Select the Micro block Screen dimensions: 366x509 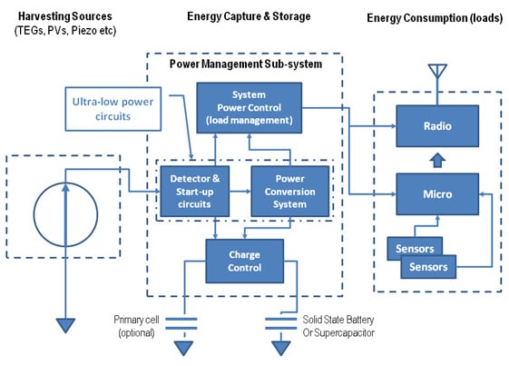[x=436, y=193]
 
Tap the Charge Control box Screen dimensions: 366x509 [x=244, y=261]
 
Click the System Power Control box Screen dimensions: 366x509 [x=248, y=105]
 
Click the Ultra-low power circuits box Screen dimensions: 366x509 [x=113, y=108]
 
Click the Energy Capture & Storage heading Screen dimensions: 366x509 [x=248, y=17]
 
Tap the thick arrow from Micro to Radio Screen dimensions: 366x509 [x=436, y=160]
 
